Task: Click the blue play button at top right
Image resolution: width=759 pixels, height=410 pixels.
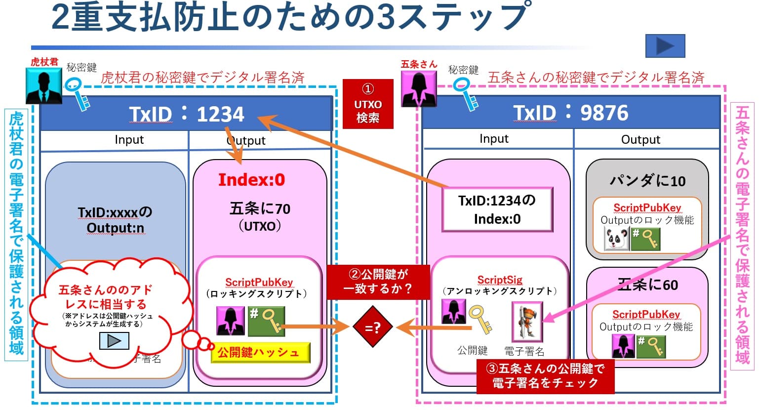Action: point(665,46)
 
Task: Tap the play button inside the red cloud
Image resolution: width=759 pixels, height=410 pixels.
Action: point(114,341)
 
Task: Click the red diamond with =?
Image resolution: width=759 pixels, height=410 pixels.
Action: point(373,327)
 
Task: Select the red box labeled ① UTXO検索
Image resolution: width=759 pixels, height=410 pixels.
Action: point(368,104)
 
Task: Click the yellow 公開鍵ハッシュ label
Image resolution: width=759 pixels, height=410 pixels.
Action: point(260,353)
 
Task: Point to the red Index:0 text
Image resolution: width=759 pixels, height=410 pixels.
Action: point(251,180)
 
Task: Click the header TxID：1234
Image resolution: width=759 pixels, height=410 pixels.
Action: point(187,114)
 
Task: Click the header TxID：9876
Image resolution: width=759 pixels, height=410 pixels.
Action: point(570,113)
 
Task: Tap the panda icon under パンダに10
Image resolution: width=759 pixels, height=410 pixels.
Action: point(616,239)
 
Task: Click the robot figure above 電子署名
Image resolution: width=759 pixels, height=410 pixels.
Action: point(527,322)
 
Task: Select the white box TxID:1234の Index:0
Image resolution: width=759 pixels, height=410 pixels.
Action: point(497,209)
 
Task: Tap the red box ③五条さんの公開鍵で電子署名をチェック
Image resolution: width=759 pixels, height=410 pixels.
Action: point(545,376)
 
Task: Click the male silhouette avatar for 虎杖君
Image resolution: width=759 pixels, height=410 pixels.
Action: point(44,85)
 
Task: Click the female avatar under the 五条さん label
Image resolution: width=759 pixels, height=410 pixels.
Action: point(419,88)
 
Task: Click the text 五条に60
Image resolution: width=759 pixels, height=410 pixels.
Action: point(647,285)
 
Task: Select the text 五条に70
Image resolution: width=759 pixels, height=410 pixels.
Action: point(260,209)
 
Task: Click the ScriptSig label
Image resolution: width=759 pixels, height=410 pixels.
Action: point(499,280)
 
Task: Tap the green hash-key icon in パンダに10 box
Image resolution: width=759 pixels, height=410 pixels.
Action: point(645,239)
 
